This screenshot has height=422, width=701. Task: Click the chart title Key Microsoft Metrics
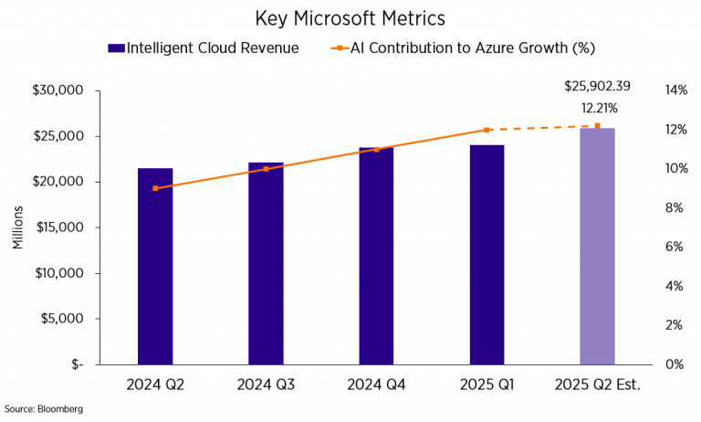click(x=350, y=18)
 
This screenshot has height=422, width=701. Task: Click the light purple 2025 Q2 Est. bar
click(x=597, y=246)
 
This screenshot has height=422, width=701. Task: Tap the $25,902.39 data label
click(x=597, y=87)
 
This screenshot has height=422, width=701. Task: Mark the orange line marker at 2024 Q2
click(x=155, y=188)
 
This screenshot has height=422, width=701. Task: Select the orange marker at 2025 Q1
click(x=487, y=130)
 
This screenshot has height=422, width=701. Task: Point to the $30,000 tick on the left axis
click(x=58, y=90)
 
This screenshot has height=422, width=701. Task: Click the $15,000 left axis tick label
click(x=58, y=227)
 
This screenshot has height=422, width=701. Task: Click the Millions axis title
click(x=17, y=232)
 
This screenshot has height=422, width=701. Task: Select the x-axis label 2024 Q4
click(x=376, y=385)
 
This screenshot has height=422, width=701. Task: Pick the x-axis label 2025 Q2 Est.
click(x=597, y=385)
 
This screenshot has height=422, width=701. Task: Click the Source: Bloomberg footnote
click(x=44, y=409)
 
